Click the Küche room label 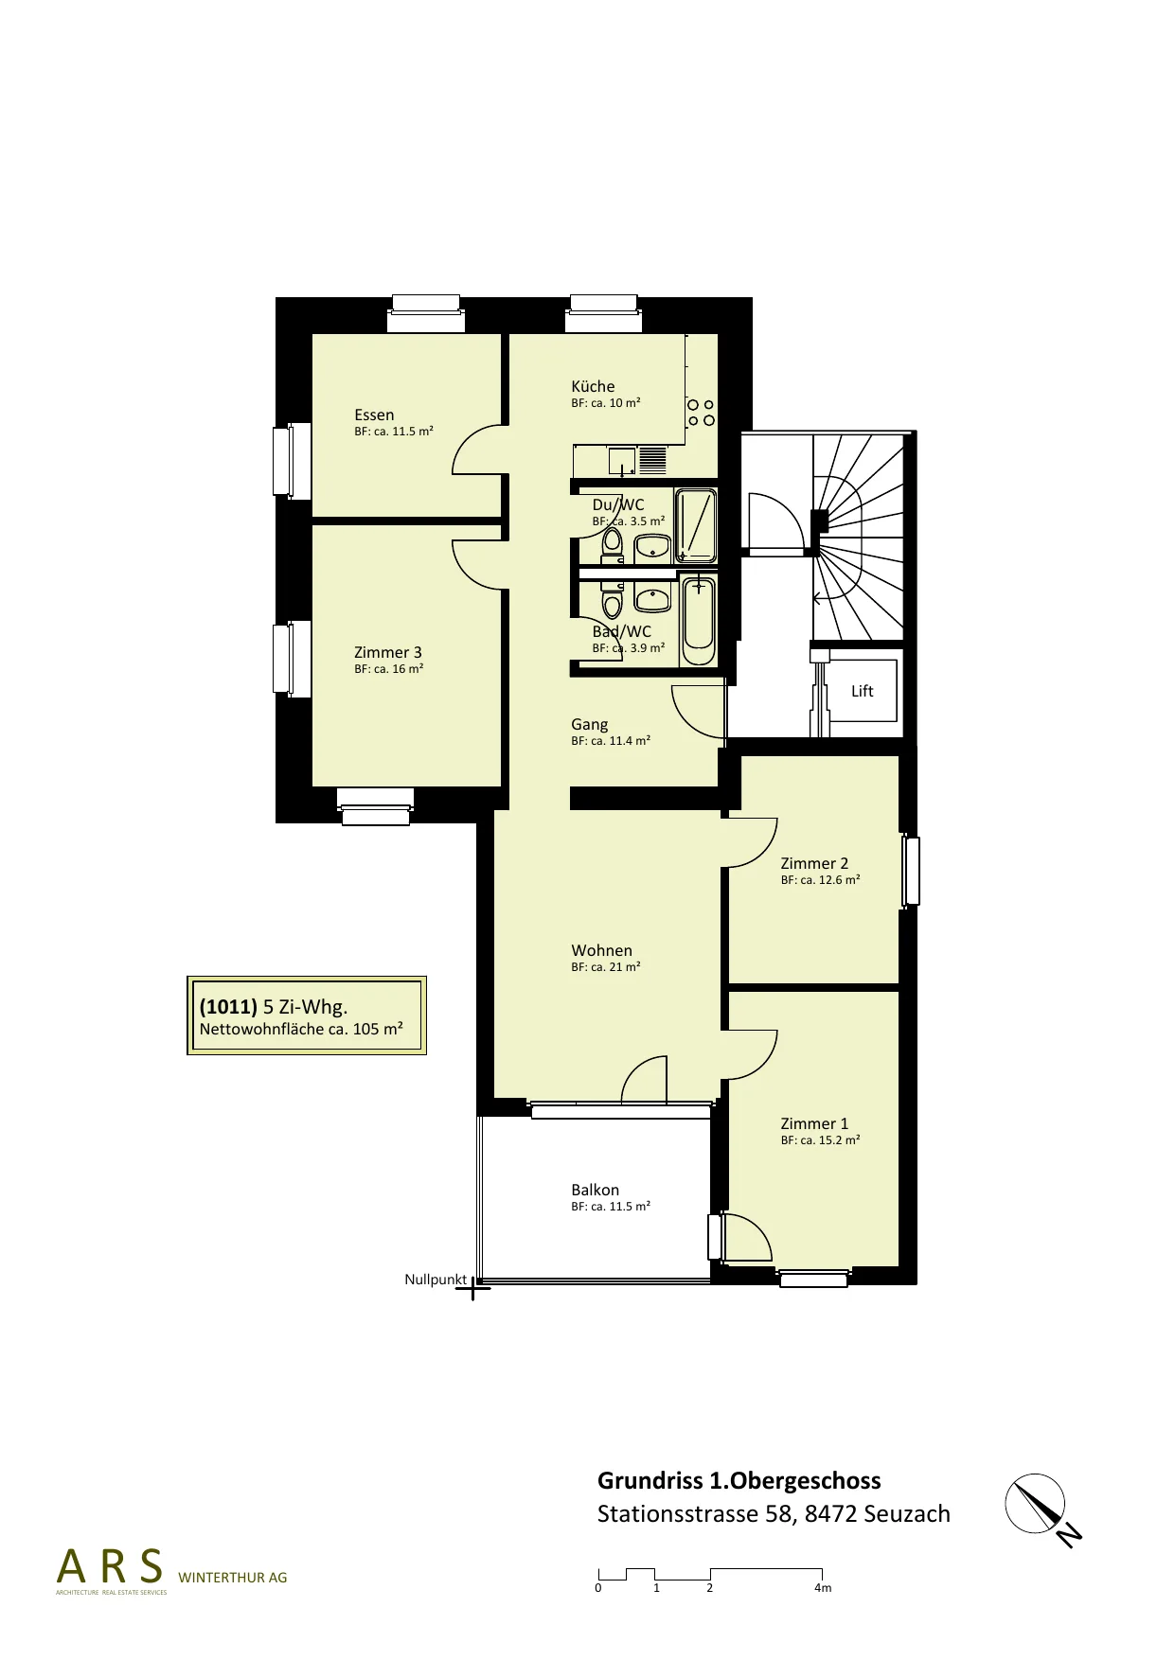(593, 386)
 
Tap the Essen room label (374, 415)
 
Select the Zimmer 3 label (388, 652)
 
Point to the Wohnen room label (601, 950)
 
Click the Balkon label (595, 1190)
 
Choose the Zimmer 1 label (814, 1123)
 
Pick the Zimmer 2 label (814, 863)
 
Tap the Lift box (862, 691)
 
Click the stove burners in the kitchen (701, 413)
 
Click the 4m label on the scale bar (823, 1588)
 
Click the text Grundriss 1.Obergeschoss (739, 1481)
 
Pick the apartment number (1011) (228, 1007)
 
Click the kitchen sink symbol (622, 460)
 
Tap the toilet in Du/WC (612, 542)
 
